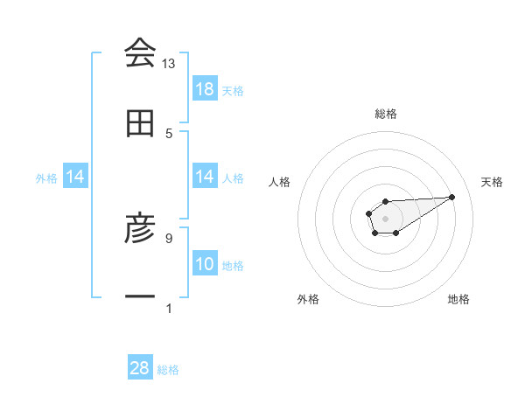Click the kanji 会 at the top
pyautogui.click(x=140, y=54)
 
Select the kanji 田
pyautogui.click(x=140, y=124)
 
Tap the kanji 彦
pyautogui.click(x=140, y=230)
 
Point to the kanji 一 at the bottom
pyautogui.click(x=140, y=298)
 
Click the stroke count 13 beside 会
pyautogui.click(x=169, y=64)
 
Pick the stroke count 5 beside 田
pyautogui.click(x=169, y=133)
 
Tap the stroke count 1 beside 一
pyautogui.click(x=169, y=308)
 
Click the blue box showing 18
pyautogui.click(x=205, y=89)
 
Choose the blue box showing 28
pyautogui.click(x=140, y=368)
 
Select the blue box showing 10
pyautogui.click(x=205, y=264)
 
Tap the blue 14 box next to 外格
pyautogui.click(x=75, y=178)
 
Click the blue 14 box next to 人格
pyautogui.click(x=205, y=178)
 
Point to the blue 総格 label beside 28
pyautogui.click(x=168, y=370)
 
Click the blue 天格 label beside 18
pyautogui.click(x=233, y=91)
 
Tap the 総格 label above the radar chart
pyautogui.click(x=386, y=114)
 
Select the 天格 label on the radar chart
pyautogui.click(x=492, y=182)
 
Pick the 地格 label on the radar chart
pyautogui.click(x=458, y=299)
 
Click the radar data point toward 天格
pyautogui.click(x=452, y=197)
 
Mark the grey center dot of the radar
pyautogui.click(x=385, y=217)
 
